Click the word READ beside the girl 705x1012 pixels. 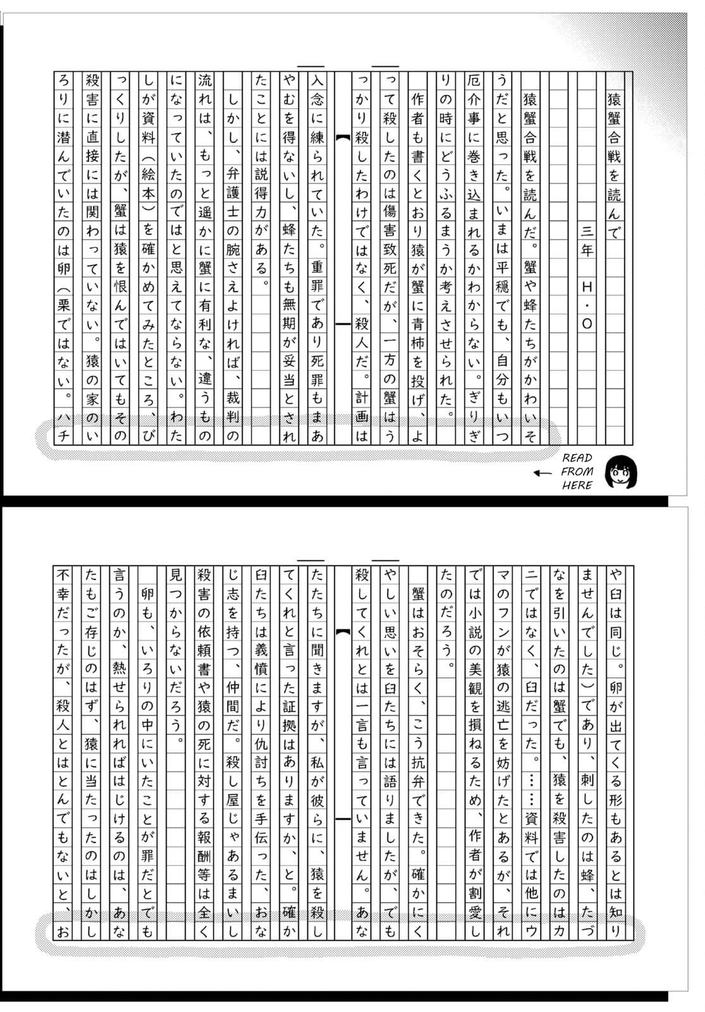point(577,458)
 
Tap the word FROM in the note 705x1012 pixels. point(577,471)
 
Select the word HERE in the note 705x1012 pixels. point(577,485)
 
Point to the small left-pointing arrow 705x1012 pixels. point(542,472)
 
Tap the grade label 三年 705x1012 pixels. point(586,240)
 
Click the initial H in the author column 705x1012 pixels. point(586,287)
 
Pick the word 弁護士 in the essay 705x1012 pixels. point(233,193)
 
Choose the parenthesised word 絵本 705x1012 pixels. point(148,193)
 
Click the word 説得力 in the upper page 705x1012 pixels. point(261,193)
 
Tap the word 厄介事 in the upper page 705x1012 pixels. point(474,99)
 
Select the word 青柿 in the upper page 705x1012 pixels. point(417,333)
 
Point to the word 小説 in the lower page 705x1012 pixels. point(475,631)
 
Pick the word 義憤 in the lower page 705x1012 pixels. point(261,659)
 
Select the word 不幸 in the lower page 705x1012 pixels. point(63,584)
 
